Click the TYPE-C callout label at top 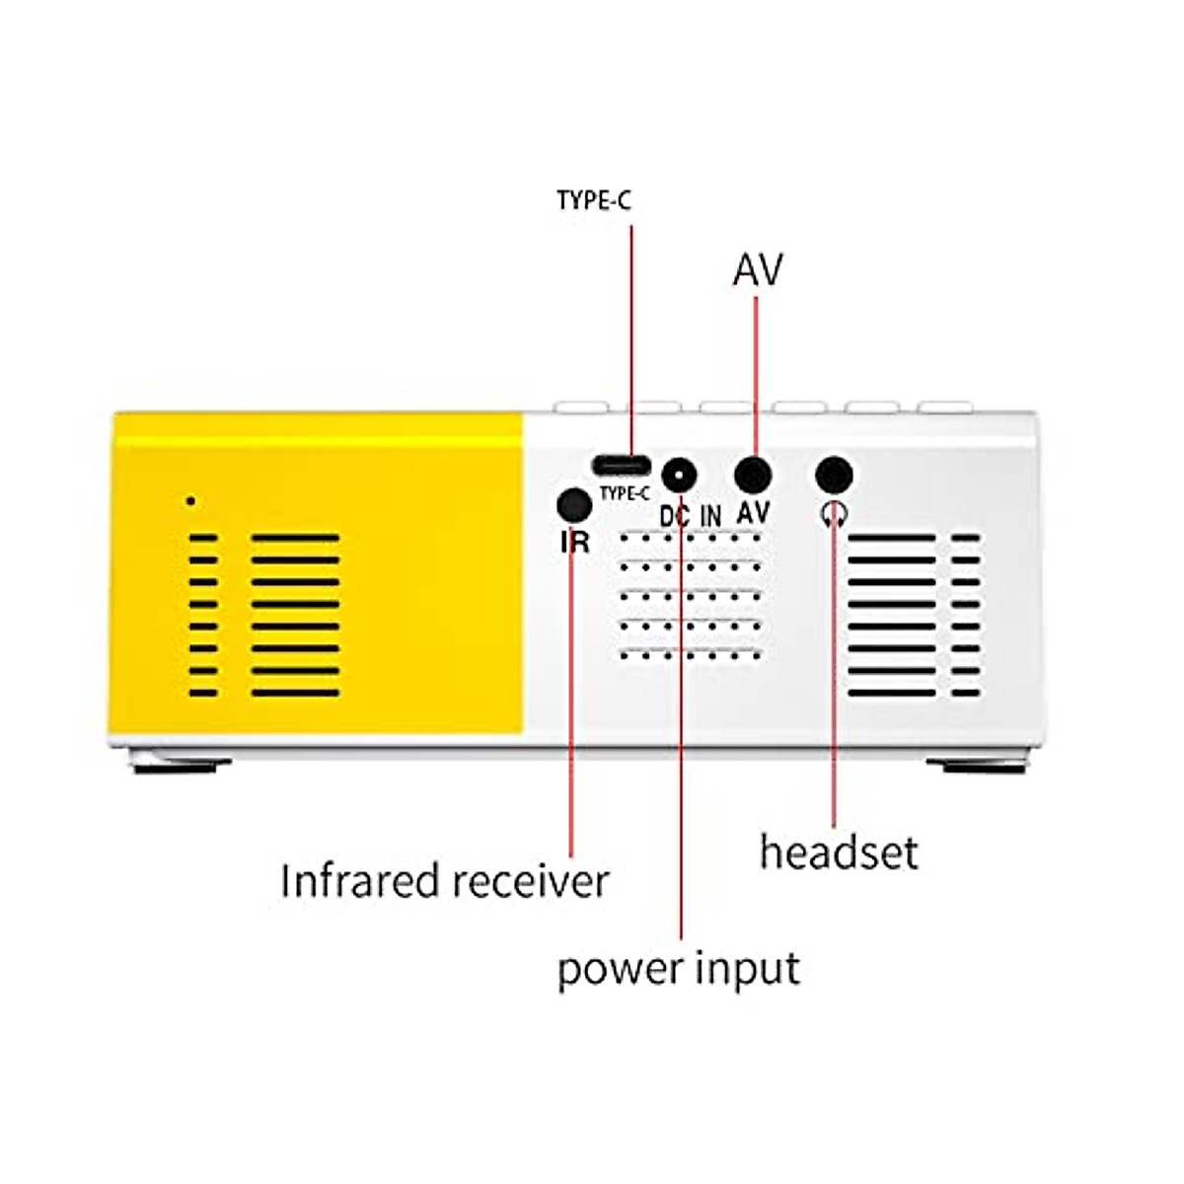pos(594,201)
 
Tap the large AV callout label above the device pos(757,269)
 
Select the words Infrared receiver pos(444,881)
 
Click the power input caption pos(678,969)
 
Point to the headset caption pos(838,851)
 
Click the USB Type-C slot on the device pos(622,464)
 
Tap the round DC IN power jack pos(678,477)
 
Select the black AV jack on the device pos(753,476)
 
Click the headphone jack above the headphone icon pos(834,476)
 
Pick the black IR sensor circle pos(574,505)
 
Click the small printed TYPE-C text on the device pos(625,493)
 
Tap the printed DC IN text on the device pos(691,516)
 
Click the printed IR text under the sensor pos(574,541)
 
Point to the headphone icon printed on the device pos(835,512)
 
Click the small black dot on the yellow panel pos(190,501)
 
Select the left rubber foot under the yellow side pos(183,765)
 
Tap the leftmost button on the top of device pos(582,406)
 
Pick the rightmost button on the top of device pos(944,406)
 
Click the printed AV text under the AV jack pos(753,512)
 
